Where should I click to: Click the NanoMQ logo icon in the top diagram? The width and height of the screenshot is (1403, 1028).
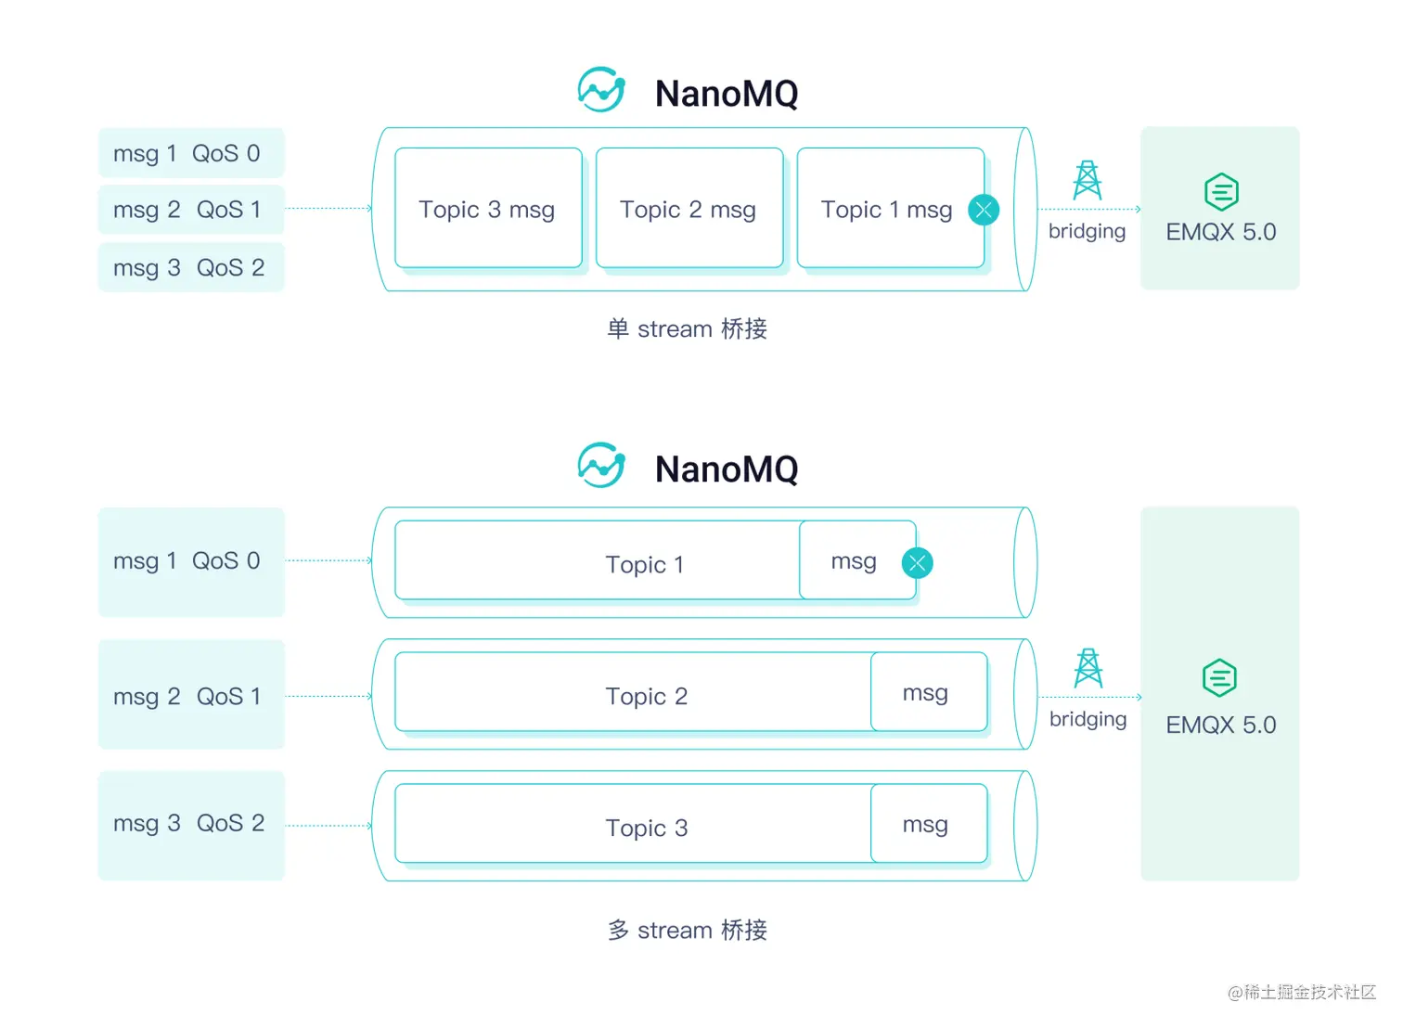[600, 90]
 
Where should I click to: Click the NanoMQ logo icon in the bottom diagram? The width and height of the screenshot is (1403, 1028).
[600, 465]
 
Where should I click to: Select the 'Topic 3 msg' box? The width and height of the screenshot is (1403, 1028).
[488, 209]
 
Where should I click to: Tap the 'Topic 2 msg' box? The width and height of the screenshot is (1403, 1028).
[689, 209]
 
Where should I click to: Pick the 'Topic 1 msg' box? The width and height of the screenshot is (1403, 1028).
[886, 209]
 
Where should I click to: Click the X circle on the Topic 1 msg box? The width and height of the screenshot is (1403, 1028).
[984, 210]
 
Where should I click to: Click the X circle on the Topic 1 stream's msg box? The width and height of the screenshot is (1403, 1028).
[917, 562]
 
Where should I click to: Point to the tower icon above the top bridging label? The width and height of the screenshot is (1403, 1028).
[1087, 181]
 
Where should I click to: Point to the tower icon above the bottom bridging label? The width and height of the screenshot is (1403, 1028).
[1088, 668]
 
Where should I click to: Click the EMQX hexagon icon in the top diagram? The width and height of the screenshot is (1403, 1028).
[1221, 192]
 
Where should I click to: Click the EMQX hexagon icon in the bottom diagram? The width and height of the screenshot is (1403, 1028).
[1219, 678]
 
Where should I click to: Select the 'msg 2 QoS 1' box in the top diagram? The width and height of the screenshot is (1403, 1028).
[190, 210]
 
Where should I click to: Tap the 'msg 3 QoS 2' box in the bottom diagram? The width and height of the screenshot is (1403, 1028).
[190, 824]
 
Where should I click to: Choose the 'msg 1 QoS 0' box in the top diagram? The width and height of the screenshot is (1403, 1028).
[190, 153]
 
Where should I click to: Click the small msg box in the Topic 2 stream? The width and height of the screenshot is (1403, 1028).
[928, 692]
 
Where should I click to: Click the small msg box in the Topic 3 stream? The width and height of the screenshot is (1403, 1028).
[928, 824]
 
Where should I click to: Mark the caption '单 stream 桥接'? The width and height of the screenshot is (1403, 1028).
[687, 328]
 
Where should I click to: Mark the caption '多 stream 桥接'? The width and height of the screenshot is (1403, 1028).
[687, 930]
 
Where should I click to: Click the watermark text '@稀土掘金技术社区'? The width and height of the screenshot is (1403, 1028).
[1301, 992]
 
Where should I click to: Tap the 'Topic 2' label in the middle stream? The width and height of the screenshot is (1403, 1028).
[646, 696]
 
